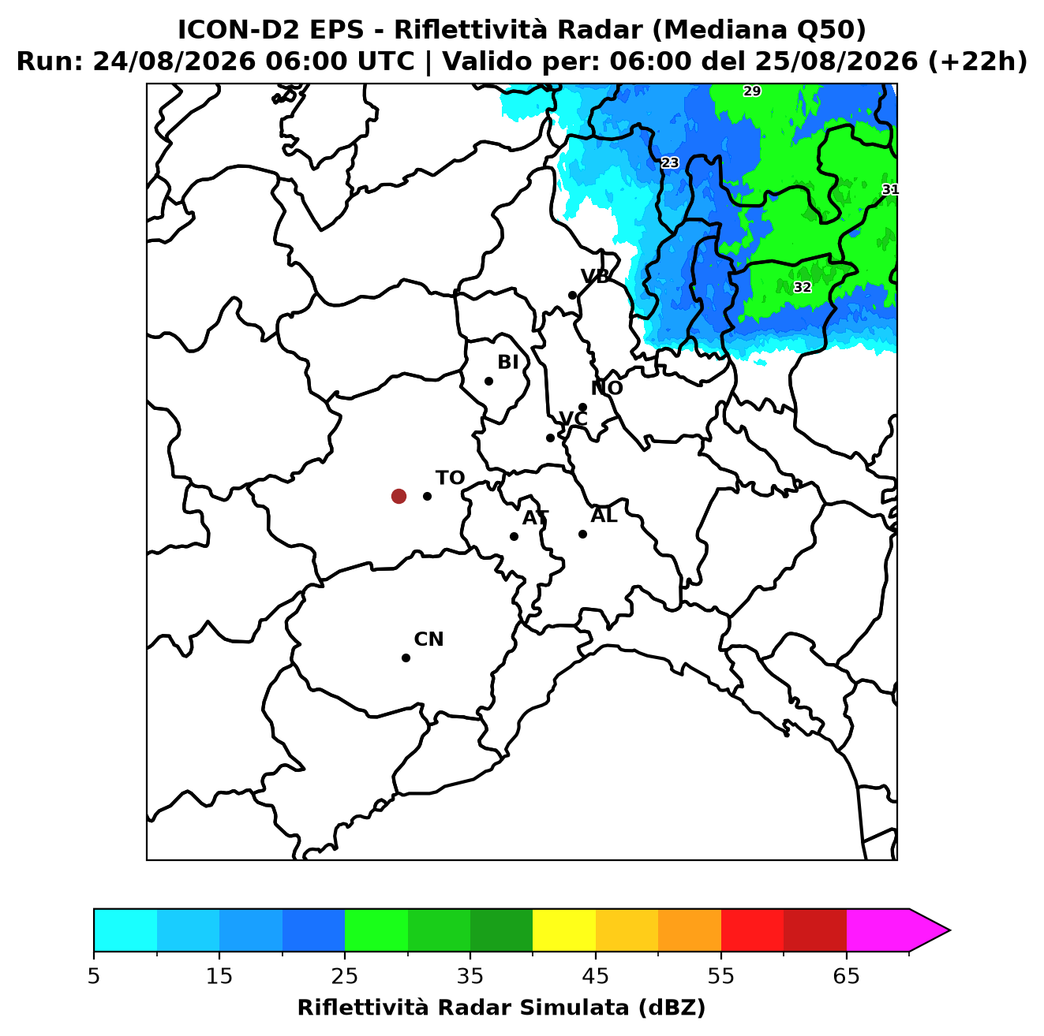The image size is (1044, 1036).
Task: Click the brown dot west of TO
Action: tap(399, 495)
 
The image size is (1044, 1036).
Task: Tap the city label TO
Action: tap(450, 478)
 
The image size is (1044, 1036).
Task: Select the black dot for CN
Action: tap(406, 658)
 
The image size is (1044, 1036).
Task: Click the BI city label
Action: tap(507, 362)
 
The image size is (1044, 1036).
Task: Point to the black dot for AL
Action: tap(582, 534)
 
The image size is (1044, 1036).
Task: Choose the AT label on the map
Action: tap(535, 518)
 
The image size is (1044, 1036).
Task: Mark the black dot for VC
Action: tap(550, 438)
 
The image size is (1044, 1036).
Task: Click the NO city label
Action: tap(606, 388)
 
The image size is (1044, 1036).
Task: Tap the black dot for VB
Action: tap(572, 295)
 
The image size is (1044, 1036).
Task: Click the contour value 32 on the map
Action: tap(802, 287)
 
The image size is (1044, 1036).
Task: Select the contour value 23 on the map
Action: tap(670, 162)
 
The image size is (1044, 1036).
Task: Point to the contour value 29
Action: tap(752, 91)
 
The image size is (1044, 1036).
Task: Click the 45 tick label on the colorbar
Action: tap(596, 976)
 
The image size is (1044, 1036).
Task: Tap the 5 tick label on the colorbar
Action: tap(94, 976)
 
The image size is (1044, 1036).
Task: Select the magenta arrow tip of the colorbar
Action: tap(949, 931)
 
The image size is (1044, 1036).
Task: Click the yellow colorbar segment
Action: tap(564, 931)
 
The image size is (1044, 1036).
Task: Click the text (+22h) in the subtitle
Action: tap(978, 61)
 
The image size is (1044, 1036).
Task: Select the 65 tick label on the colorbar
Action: tap(846, 976)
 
